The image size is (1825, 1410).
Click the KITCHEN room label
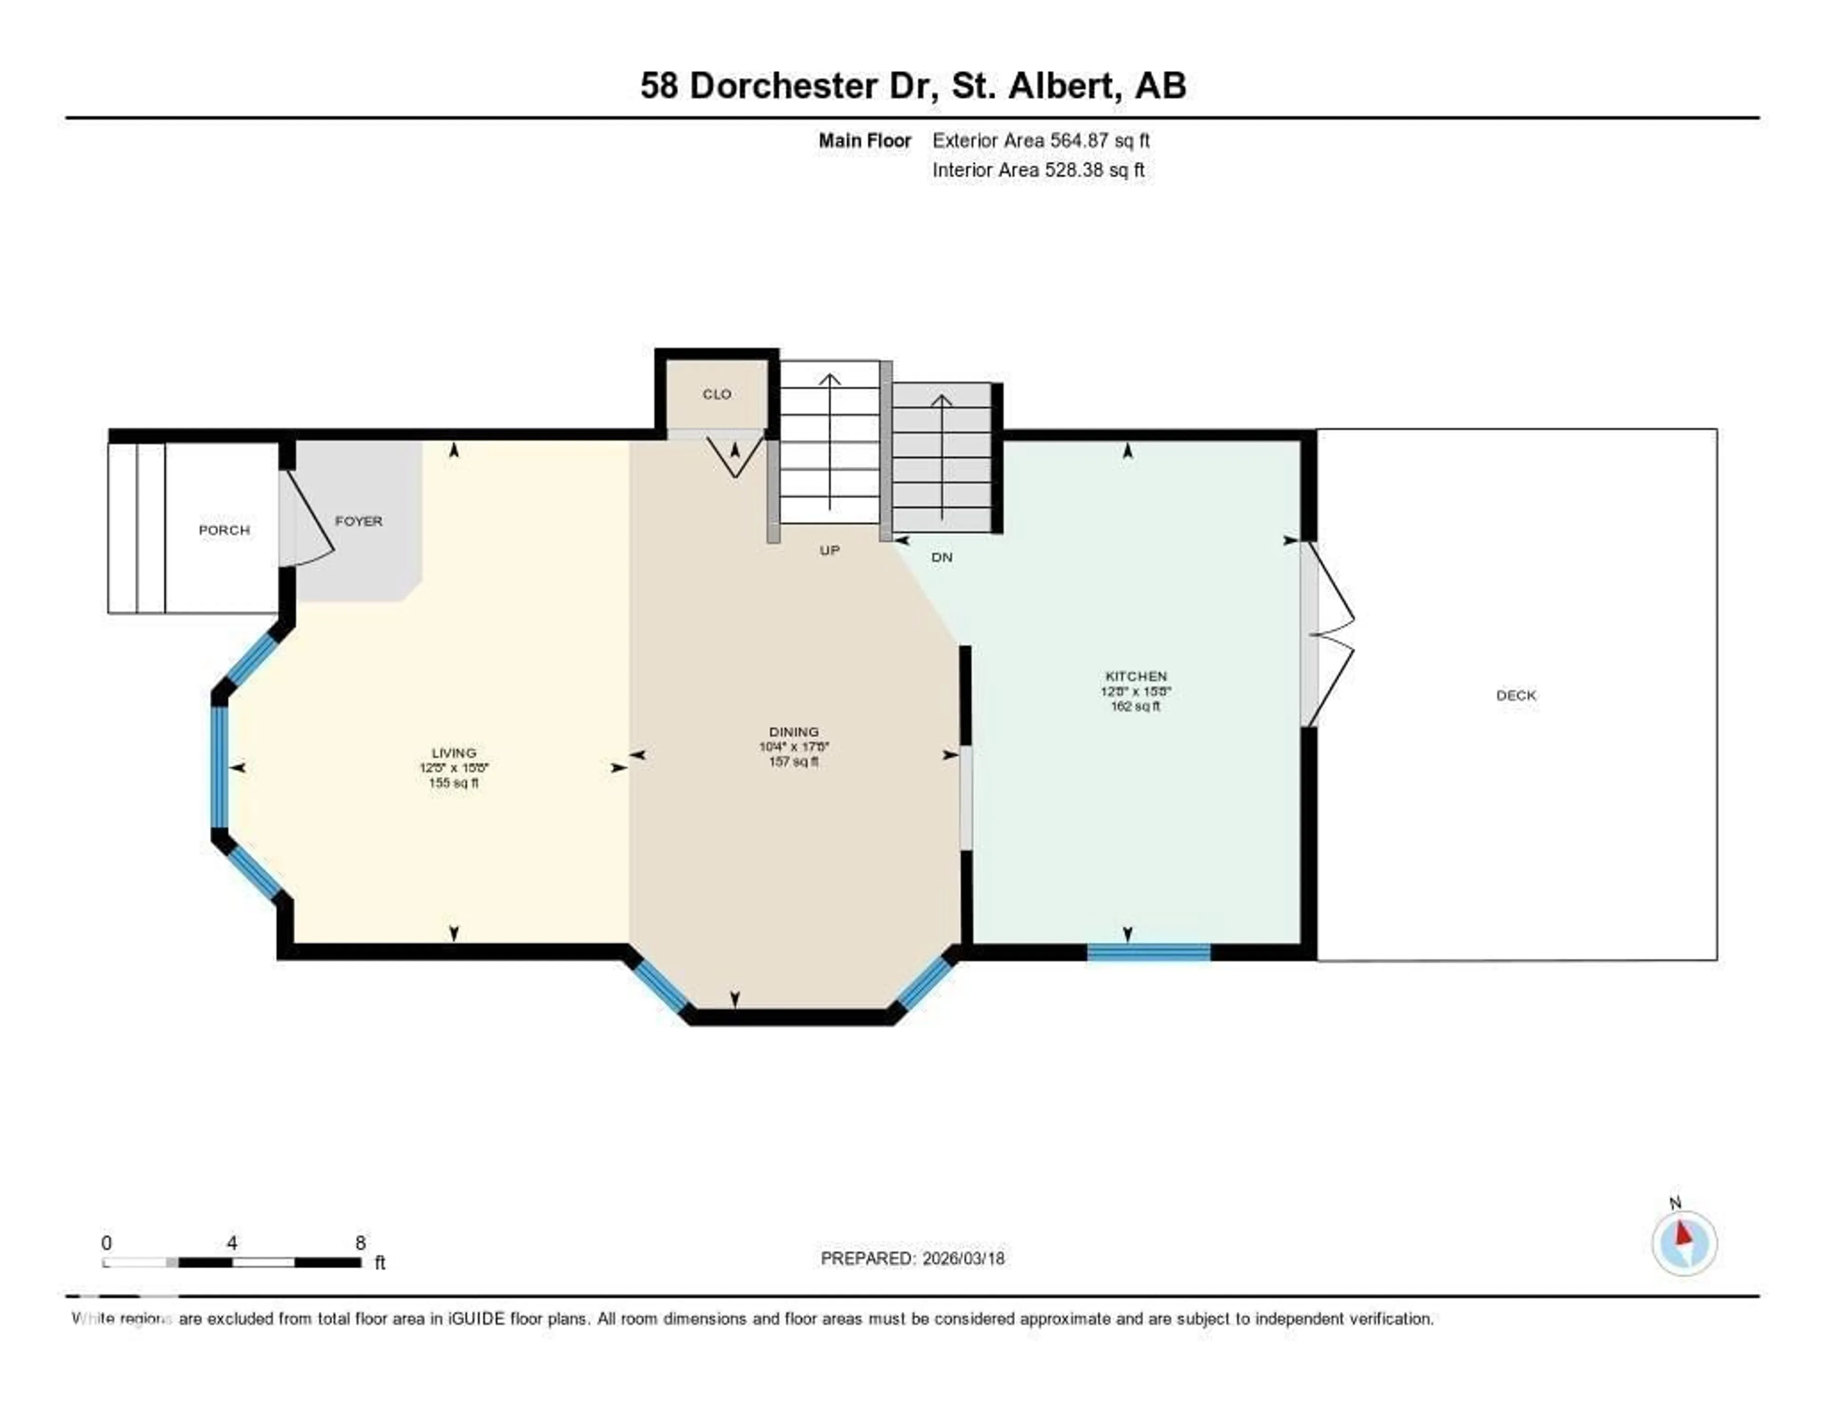pos(1135,676)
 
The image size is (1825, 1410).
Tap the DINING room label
pos(794,731)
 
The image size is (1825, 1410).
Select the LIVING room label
pos(454,752)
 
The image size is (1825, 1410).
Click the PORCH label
pos(224,530)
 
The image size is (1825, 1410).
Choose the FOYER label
pos(358,521)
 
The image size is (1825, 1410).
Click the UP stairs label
pos(829,550)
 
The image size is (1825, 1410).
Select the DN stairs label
pos(942,557)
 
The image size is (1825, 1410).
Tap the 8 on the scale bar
pos(360,1243)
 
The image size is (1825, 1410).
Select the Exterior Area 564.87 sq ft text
pos(1040,140)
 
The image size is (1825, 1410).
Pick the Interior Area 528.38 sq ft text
pos(1038,170)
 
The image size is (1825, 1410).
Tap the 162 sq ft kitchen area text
pos(1135,706)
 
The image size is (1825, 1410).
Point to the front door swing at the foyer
pos(307,520)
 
